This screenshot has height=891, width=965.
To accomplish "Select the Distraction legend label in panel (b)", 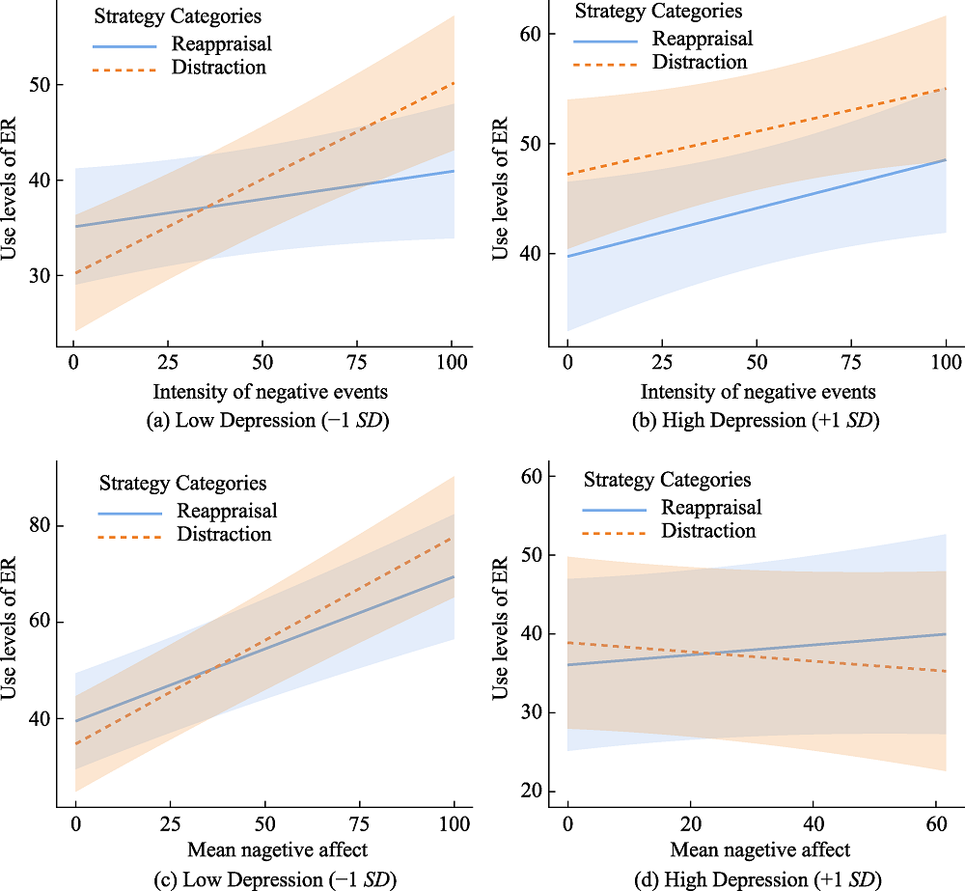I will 700,62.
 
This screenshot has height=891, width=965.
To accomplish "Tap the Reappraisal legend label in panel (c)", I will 227,511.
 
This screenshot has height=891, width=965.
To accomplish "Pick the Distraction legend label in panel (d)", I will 708,531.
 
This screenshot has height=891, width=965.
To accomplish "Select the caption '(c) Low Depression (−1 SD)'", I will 261,879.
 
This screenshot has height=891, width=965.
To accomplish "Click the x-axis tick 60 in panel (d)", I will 934,824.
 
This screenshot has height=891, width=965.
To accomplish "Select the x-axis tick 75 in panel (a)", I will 359,363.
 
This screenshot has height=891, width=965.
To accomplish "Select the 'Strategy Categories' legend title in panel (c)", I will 183,484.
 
